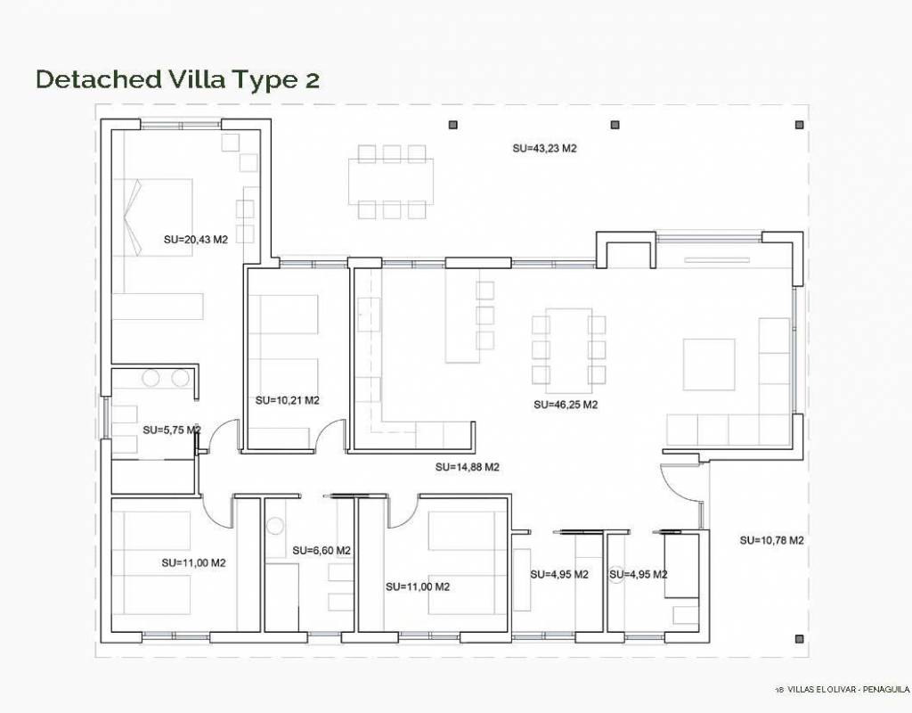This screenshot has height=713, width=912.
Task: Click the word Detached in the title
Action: tap(99, 79)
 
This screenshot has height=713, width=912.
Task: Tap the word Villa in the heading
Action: tap(197, 79)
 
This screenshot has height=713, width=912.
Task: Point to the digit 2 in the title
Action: tap(312, 80)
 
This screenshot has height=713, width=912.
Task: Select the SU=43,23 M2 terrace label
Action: tap(544, 149)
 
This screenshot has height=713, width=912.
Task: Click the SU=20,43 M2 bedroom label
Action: tap(195, 239)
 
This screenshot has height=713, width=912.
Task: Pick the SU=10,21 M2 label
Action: tap(288, 400)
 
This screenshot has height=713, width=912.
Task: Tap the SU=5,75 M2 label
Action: tap(172, 430)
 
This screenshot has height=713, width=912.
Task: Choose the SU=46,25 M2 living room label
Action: tap(566, 405)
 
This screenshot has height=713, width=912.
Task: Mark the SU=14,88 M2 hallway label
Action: tap(467, 467)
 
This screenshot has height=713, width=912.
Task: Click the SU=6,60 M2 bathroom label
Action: tap(322, 550)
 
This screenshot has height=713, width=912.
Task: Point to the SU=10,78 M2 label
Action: tap(772, 540)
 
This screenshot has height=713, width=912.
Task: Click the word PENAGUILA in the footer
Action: tap(886, 690)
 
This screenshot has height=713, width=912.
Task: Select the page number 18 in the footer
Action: tap(779, 691)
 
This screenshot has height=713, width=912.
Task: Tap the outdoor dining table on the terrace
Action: tap(391, 182)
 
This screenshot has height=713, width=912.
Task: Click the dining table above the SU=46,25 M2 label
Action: tap(569, 349)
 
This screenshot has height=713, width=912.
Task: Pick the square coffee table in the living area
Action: tap(709, 365)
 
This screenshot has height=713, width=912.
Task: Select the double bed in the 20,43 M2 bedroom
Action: tap(152, 217)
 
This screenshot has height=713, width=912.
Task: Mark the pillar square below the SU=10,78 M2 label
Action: tap(799, 638)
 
